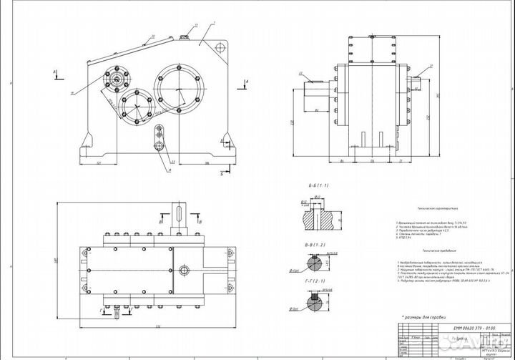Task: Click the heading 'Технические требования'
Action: point(437,251)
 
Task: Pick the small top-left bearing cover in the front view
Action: point(116,78)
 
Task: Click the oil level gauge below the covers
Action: point(159,137)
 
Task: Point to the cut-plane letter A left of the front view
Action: point(55,72)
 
